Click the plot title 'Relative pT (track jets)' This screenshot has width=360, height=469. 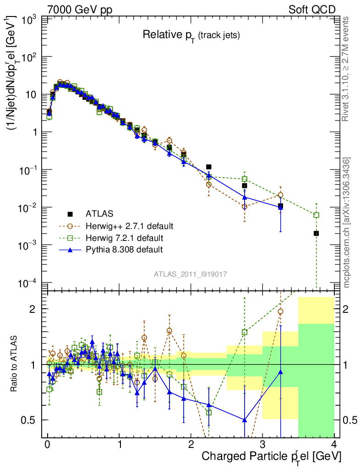coord(191,35)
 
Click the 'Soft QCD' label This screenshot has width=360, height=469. coord(311,9)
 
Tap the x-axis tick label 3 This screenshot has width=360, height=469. coord(262,445)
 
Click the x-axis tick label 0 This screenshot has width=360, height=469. coord(47,445)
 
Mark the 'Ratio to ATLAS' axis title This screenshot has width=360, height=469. coord(15,364)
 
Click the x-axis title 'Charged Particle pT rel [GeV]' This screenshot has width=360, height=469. coord(271,457)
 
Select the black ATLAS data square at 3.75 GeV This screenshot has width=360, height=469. coord(316,234)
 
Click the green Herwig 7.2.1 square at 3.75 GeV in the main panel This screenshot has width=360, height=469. coord(316,215)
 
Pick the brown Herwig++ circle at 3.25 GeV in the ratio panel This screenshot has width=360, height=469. coord(280,311)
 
